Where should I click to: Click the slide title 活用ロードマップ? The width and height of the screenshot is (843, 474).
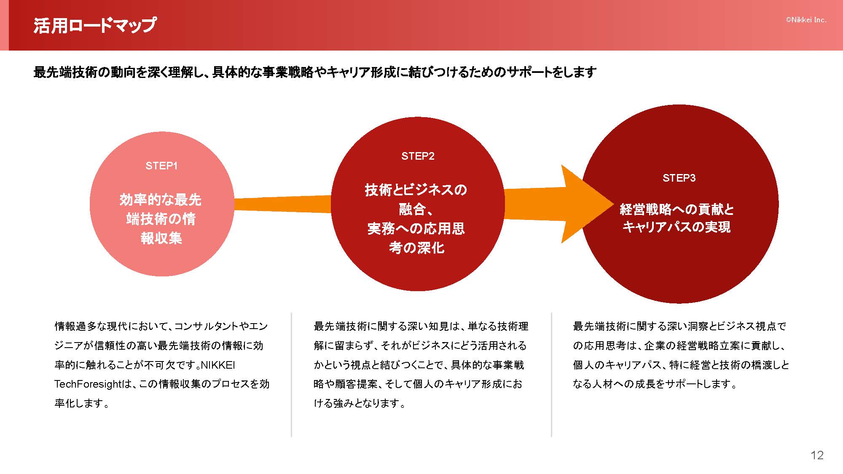95,25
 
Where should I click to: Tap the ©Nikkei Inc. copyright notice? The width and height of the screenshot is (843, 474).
806,20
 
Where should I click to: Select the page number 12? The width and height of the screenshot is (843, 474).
817,455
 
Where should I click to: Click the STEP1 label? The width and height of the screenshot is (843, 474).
161,166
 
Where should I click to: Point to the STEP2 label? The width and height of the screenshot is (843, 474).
418,156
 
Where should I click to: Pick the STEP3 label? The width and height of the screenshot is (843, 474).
679,178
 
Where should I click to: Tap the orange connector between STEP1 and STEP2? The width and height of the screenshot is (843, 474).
282,204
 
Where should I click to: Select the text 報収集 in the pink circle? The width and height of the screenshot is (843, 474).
161,238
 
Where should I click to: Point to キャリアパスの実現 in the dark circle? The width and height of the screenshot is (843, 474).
677,227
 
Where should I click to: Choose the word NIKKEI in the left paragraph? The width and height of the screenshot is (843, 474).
218,365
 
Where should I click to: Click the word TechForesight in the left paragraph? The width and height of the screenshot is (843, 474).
90,384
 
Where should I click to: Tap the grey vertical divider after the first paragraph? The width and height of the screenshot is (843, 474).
291,375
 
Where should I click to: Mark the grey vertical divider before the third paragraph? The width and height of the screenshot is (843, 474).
551,375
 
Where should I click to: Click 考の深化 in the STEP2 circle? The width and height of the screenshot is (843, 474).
416,248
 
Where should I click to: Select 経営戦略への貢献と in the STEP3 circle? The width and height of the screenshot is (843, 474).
677,209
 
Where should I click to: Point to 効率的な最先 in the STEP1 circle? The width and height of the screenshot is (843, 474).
161,200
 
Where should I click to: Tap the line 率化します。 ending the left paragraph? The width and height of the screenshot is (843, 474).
82,404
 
